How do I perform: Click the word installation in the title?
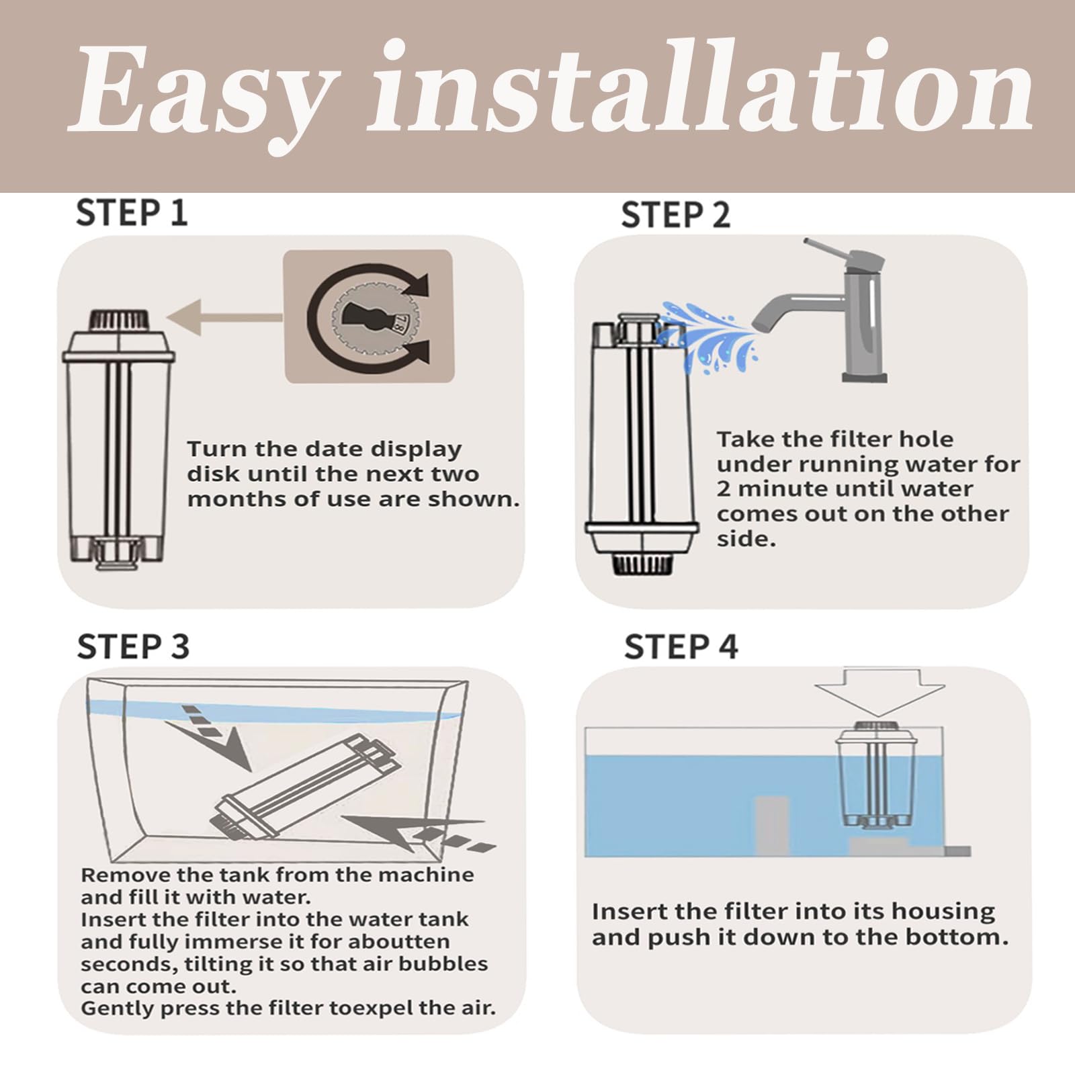702,91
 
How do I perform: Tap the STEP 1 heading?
132,213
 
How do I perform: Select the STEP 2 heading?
675,215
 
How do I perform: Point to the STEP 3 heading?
133,646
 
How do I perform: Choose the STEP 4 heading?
681,646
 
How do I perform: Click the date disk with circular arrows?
368,315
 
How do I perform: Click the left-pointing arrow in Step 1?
222,316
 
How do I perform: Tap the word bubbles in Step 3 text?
443,964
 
